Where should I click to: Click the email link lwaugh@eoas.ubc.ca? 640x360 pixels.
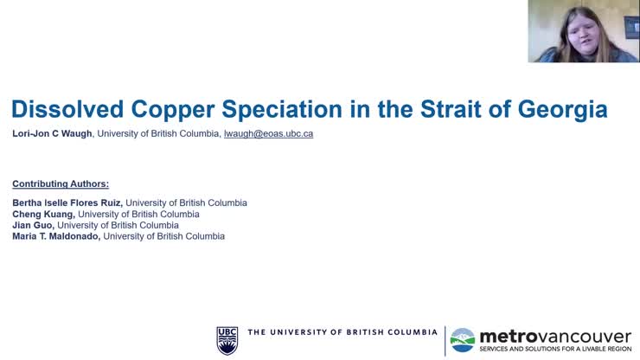[268, 134]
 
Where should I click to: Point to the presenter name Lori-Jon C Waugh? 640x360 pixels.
[52, 134]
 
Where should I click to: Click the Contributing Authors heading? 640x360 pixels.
[61, 183]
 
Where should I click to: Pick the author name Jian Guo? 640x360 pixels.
[33, 225]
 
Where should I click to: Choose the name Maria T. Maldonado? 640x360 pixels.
[56, 236]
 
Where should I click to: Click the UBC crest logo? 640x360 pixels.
[227, 339]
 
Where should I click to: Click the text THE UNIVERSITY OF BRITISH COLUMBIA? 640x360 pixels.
[342, 332]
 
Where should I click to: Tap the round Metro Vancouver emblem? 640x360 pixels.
[463, 339]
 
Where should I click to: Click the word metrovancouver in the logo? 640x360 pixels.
[555, 335]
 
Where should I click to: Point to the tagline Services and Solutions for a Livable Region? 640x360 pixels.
[555, 348]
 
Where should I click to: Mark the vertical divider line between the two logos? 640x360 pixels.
[445, 339]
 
